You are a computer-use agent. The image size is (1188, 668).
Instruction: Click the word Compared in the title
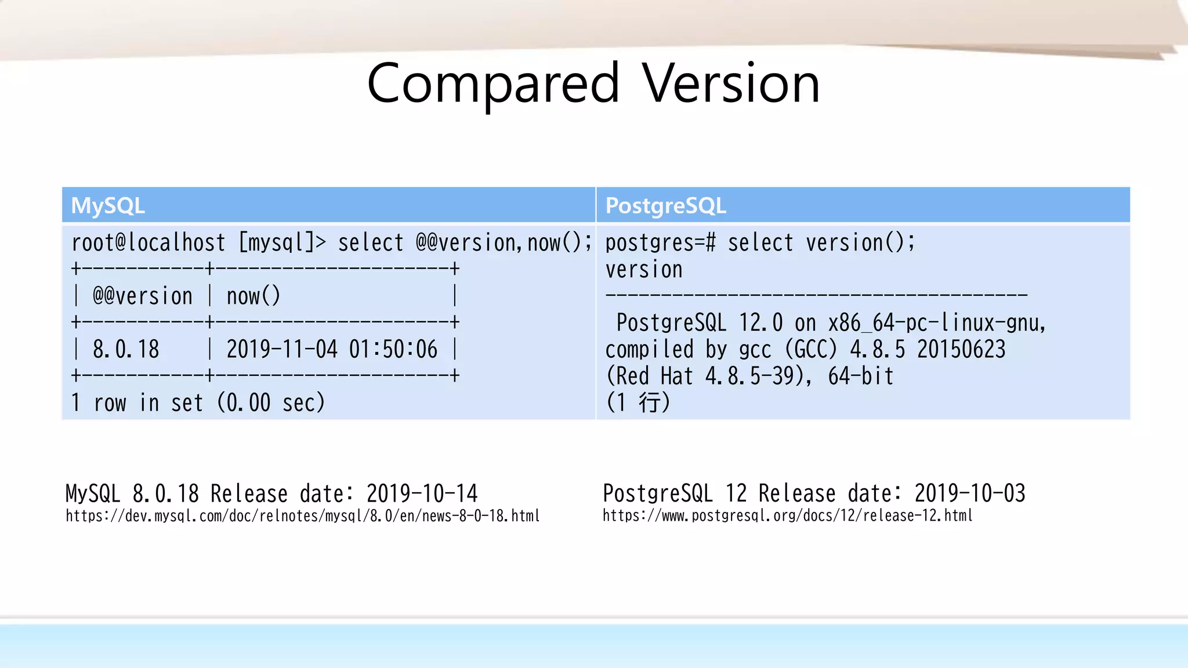[x=493, y=84]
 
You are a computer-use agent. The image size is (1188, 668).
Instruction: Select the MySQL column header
[x=108, y=206]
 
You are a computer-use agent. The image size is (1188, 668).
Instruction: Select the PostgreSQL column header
[x=665, y=206]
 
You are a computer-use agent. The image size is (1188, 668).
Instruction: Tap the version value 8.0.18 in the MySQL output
[x=126, y=350]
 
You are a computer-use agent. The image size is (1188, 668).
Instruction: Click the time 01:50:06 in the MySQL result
[x=393, y=350]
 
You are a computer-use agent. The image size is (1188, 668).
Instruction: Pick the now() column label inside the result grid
[x=253, y=296]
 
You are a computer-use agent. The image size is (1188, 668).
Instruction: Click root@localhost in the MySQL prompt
[x=148, y=242]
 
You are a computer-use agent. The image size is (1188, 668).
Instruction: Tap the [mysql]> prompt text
[x=282, y=242]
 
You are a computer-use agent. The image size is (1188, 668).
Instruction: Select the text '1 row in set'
[x=137, y=403]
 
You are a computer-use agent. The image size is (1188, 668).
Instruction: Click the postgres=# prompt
[x=660, y=242]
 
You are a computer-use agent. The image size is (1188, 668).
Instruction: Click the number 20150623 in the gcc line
[x=961, y=350]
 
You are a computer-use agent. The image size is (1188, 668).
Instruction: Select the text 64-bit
[x=861, y=376]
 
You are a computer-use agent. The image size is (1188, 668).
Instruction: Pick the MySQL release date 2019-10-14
[x=422, y=494]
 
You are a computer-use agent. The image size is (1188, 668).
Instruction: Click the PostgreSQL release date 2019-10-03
[x=970, y=493]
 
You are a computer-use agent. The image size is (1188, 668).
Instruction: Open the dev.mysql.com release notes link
[x=302, y=516]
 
